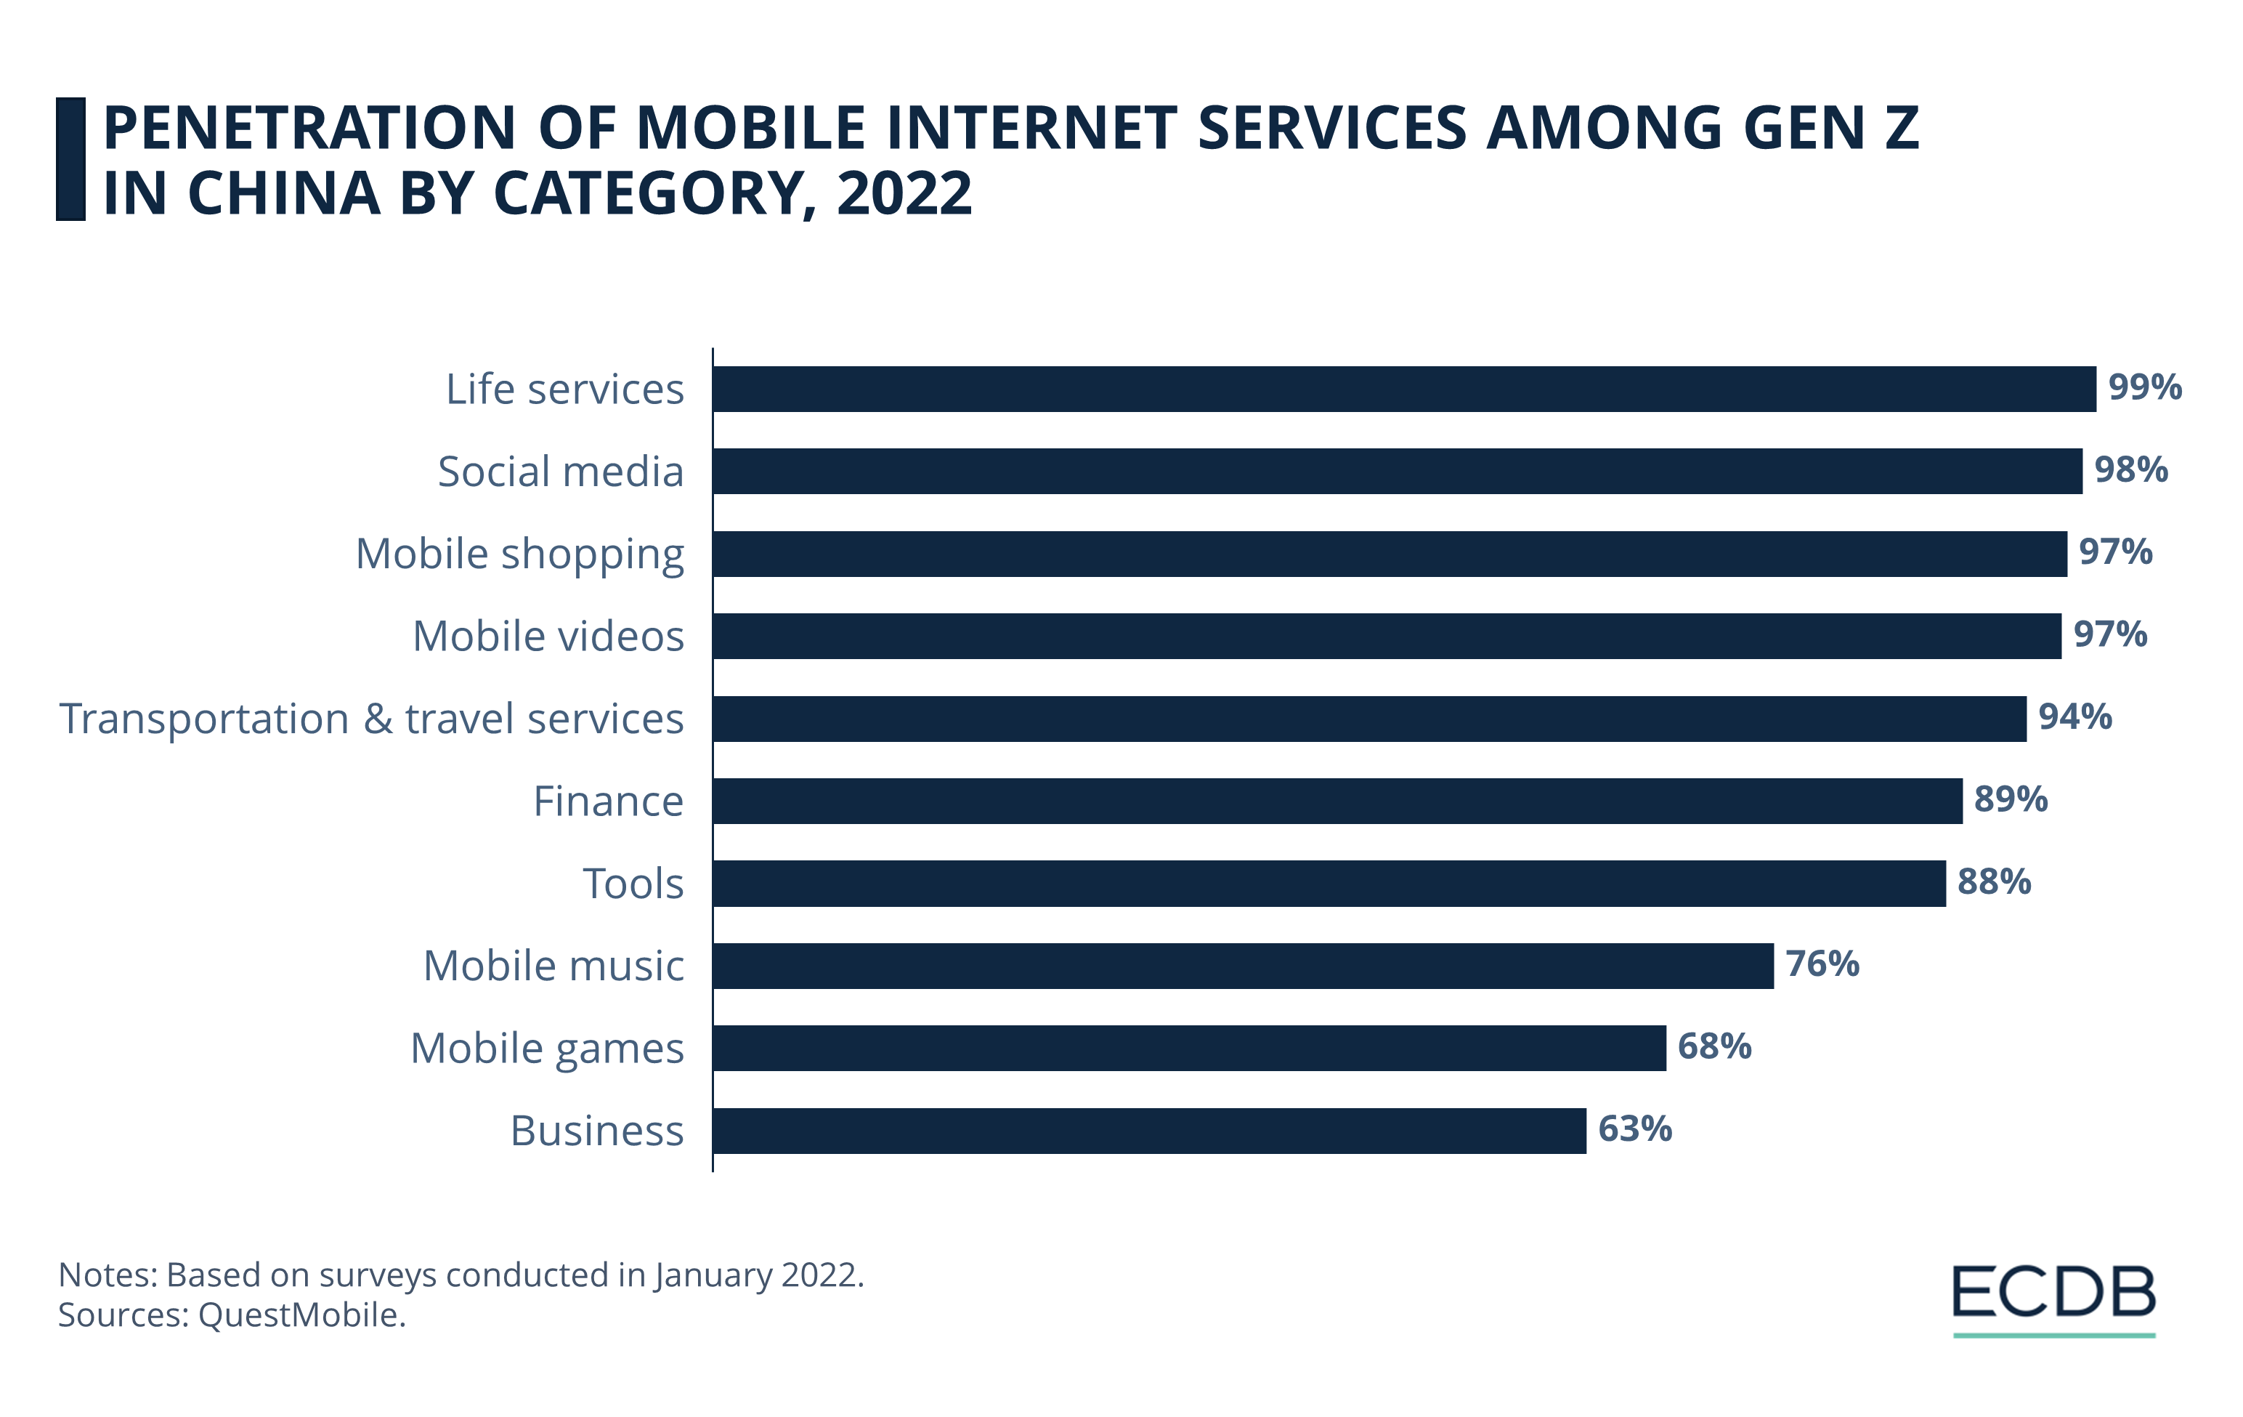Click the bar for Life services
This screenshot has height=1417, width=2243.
tap(1404, 389)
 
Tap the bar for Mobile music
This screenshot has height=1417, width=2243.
tap(1243, 965)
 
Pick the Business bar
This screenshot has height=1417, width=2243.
tap(1148, 1130)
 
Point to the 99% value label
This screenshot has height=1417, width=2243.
tap(2144, 387)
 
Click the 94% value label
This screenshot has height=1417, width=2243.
tap(2074, 716)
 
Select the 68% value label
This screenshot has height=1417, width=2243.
tap(1714, 1046)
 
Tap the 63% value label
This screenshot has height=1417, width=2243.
tap(1635, 1129)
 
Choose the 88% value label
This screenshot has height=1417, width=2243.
tap(1993, 881)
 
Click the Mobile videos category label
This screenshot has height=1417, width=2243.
tap(548, 637)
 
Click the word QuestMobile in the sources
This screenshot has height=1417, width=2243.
tap(299, 1315)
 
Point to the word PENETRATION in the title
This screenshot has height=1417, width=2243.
tap(308, 128)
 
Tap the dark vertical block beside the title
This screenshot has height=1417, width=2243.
tap(70, 158)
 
